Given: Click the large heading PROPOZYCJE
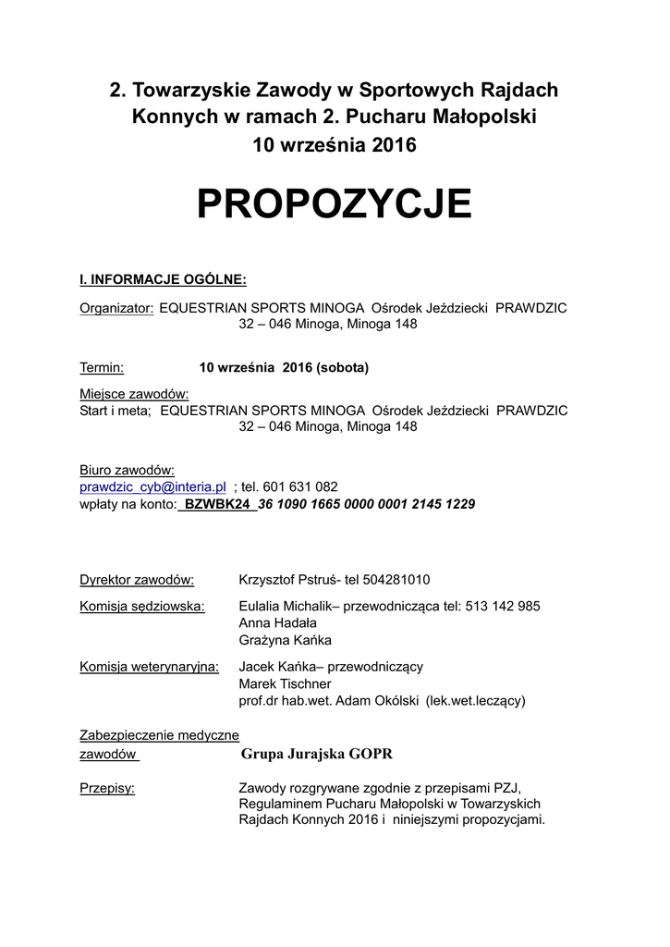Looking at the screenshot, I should click(335, 203).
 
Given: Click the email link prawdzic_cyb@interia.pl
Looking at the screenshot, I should click(152, 486).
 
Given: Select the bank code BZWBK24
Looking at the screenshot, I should click(219, 504).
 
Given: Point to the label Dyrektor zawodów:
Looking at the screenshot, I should click(137, 580).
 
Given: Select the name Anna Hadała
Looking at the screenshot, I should click(277, 623).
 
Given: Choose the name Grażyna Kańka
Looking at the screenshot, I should click(285, 640).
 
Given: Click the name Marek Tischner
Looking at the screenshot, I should click(285, 683).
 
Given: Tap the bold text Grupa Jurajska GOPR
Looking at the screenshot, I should click(317, 754).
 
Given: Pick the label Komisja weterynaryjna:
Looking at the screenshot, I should click(150, 666).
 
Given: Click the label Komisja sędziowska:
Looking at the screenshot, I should click(142, 606).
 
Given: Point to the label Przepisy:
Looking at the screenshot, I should click(107, 787).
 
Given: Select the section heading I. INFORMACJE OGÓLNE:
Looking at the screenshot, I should click(163, 279).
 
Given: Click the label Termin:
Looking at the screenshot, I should click(102, 367).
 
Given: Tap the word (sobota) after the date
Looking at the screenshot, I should click(342, 367).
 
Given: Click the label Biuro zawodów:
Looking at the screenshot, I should click(128, 470).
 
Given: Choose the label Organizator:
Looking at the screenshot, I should click(116, 307).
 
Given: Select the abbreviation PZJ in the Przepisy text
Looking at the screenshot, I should click(506, 787).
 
